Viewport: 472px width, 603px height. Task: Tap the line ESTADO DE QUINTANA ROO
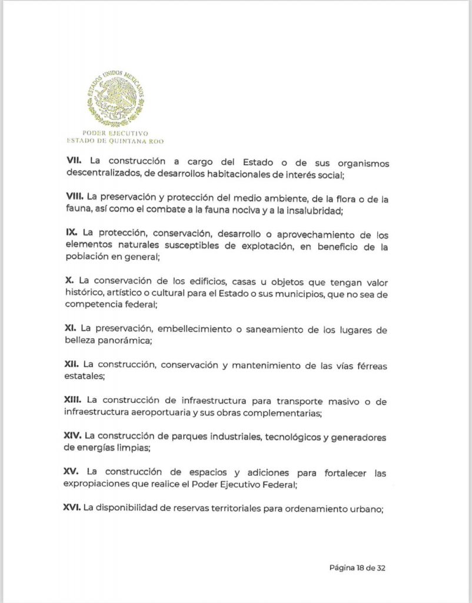pyautogui.click(x=115, y=141)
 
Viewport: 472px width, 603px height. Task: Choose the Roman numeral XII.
pyautogui.click(x=72, y=366)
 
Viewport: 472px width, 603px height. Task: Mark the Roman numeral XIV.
pyautogui.click(x=73, y=436)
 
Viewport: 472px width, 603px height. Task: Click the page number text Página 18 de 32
pyautogui.click(x=357, y=568)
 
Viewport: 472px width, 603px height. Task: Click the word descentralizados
pyautogui.click(x=102, y=174)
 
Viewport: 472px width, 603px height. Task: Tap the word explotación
pyautogui.click(x=262, y=247)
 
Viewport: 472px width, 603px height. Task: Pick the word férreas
pyautogui.click(x=367, y=366)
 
